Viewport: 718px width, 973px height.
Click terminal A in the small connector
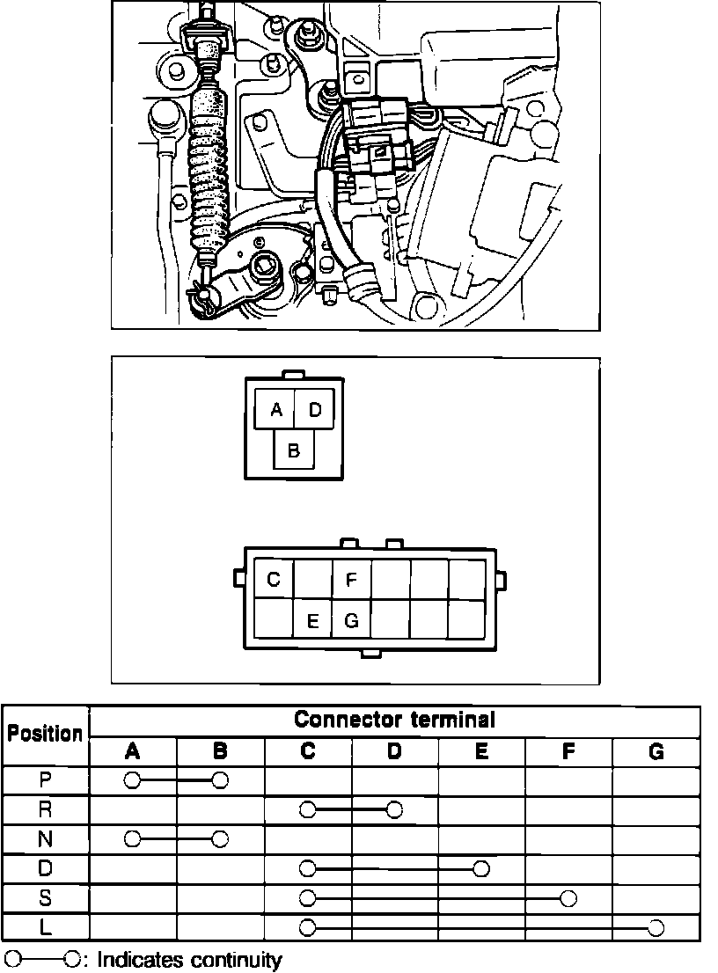[275, 410]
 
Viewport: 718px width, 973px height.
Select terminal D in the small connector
[315, 410]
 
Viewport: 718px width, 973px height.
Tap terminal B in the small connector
[294, 450]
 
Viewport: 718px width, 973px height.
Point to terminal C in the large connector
[274, 580]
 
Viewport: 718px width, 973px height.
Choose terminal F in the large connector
[351, 580]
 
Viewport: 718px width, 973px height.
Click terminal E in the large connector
[312, 620]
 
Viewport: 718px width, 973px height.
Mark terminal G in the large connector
[351, 620]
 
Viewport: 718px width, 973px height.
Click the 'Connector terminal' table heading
[394, 721]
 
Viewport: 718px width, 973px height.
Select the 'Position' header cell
[46, 735]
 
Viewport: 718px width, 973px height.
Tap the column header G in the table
[656, 751]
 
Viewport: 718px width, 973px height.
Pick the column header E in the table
[481, 751]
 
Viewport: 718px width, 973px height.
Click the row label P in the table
[46, 779]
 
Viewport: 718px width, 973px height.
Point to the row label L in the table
[46, 927]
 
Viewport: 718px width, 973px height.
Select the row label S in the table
[46, 898]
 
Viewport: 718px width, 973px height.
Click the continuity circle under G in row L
[656, 927]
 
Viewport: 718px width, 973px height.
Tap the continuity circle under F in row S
[568, 898]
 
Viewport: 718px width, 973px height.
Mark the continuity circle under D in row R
[394, 809]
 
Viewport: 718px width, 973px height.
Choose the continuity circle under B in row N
[220, 838]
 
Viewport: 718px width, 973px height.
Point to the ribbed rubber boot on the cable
[209, 167]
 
